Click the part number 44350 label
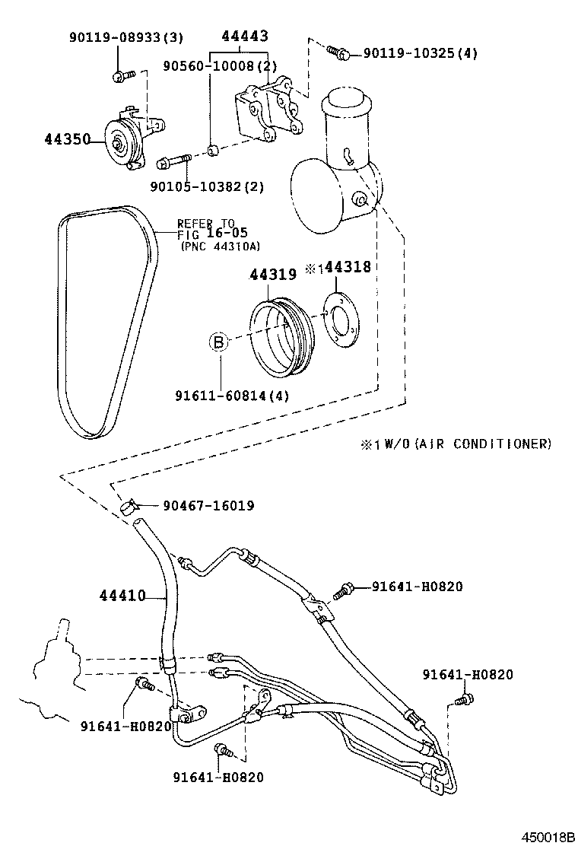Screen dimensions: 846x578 click(x=66, y=139)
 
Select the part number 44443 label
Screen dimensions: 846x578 click(x=244, y=37)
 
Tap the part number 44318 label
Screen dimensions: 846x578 click(x=349, y=267)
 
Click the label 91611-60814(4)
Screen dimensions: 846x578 click(x=232, y=396)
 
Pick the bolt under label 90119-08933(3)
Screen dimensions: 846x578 click(x=122, y=75)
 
